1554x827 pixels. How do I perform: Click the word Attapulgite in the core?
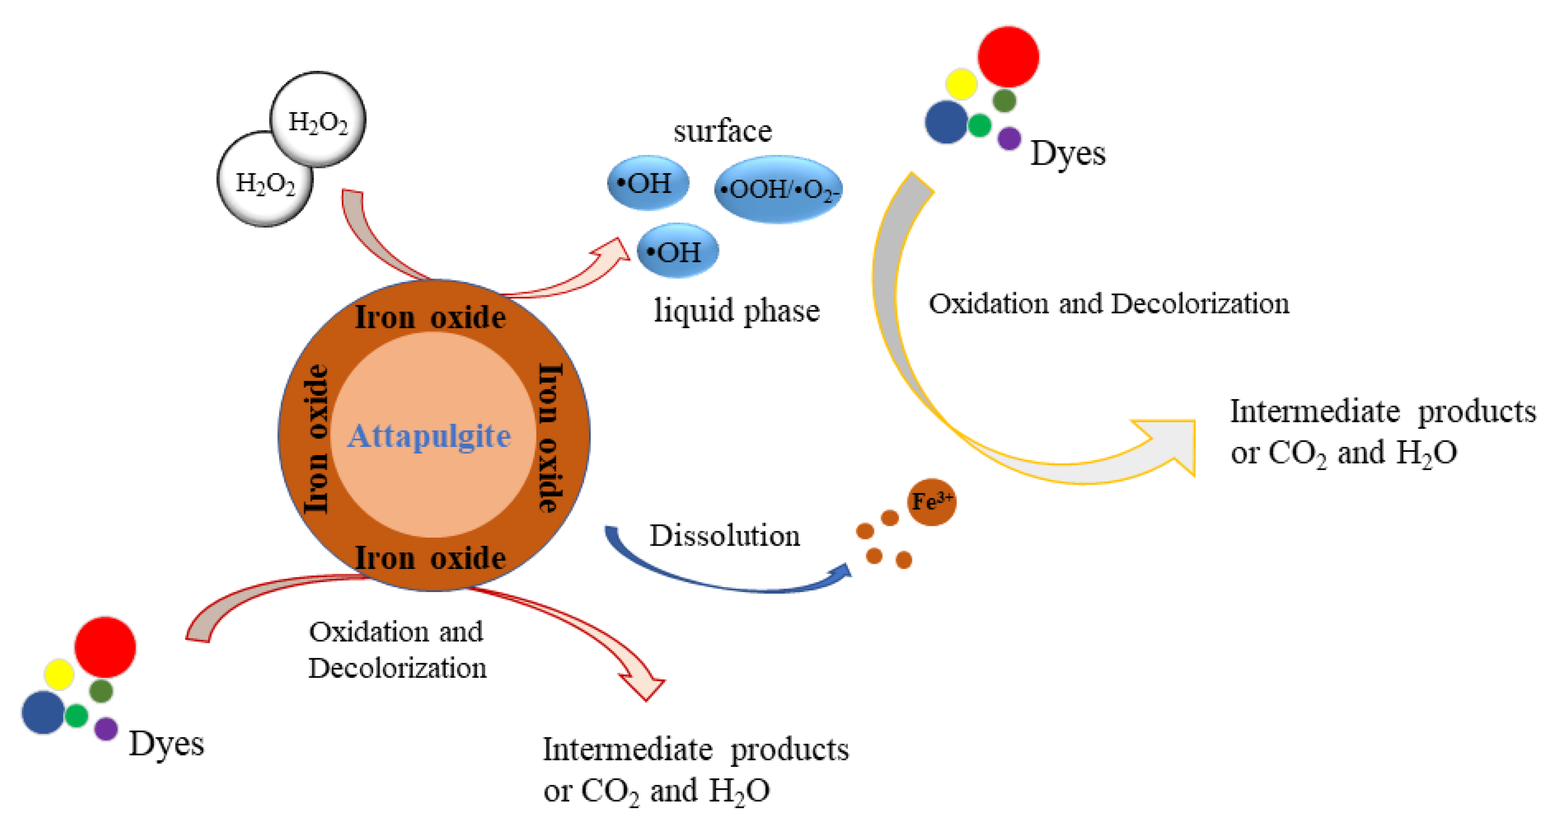point(429,436)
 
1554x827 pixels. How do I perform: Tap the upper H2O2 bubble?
point(318,119)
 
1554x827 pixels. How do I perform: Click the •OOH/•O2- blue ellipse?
point(778,189)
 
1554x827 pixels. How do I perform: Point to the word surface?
point(722,132)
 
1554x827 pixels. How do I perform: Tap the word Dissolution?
point(724,536)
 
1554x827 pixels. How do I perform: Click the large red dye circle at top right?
point(1007,57)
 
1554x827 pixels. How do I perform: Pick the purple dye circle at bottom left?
point(106,729)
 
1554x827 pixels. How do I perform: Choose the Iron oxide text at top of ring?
point(430,318)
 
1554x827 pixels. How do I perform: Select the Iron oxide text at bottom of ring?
point(430,558)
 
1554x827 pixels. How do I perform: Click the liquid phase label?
point(737,311)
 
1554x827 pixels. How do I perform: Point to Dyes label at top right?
point(1067,153)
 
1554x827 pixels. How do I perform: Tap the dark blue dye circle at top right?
point(946,122)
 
